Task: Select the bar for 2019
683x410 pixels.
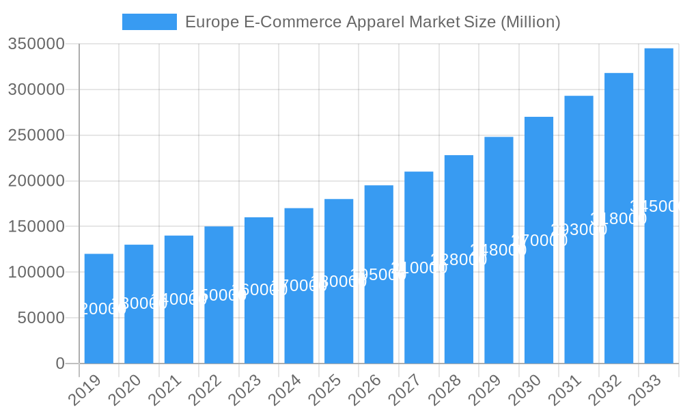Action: pos(99,308)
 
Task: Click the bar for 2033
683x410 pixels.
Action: pos(658,205)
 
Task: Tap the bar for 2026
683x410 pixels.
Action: pos(379,274)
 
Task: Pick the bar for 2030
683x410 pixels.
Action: pos(539,240)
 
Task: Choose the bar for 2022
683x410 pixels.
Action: pos(219,295)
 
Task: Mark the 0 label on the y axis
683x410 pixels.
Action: pos(60,364)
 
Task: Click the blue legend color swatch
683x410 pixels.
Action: pos(149,22)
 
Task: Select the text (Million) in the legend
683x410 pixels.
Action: pos(531,22)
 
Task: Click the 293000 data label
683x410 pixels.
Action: pos(579,230)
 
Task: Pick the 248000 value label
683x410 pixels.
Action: pos(499,250)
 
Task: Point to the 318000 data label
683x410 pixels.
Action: pos(618,219)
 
